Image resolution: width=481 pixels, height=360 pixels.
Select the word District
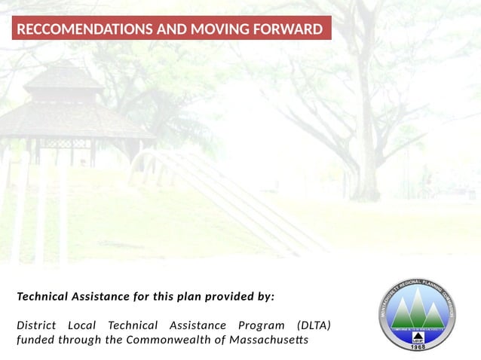point(35,325)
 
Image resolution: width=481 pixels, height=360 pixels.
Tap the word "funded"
point(35,340)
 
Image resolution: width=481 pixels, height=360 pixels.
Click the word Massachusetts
point(268,340)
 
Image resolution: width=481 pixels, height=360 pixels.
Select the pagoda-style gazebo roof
point(64,102)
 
